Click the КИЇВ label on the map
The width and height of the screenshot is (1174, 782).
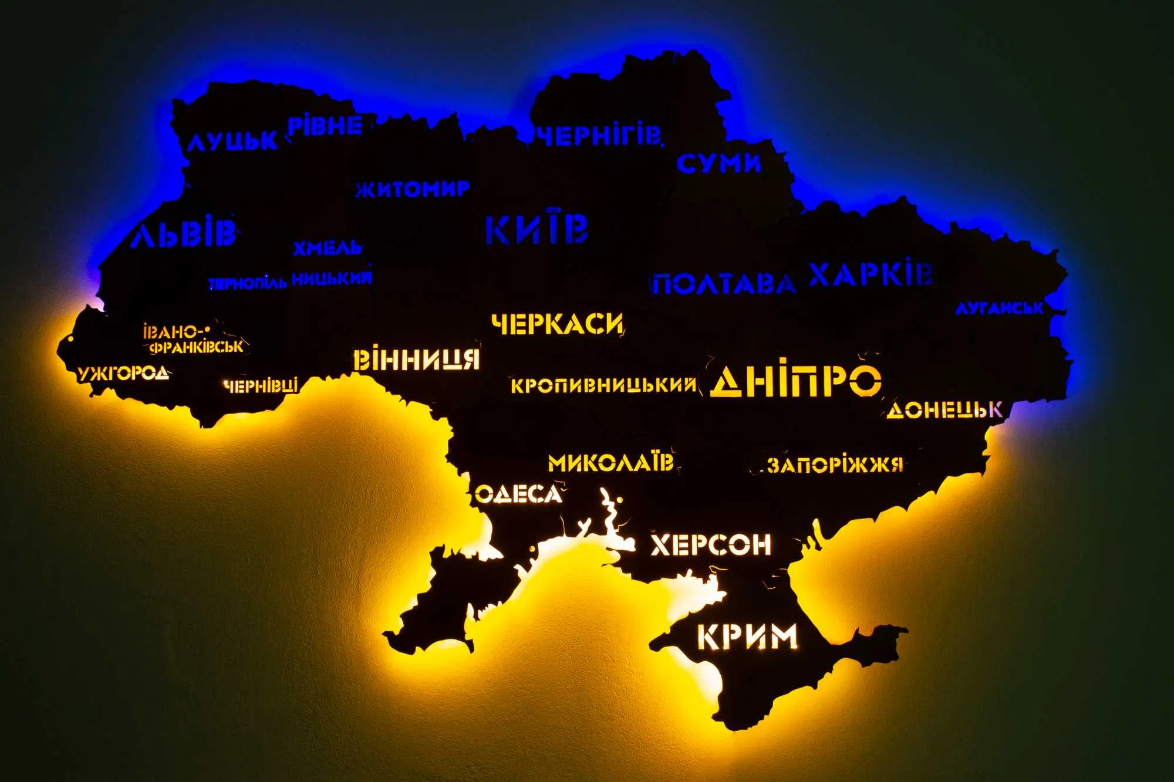(x=537, y=229)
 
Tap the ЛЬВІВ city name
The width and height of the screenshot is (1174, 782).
(x=183, y=233)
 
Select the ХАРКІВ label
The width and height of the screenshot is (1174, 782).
(x=870, y=274)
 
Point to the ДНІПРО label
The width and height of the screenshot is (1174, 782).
(x=795, y=381)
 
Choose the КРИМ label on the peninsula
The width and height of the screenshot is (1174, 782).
(x=747, y=637)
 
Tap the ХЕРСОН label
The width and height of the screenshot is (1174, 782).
(x=711, y=545)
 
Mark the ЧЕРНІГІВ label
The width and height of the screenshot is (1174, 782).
(x=599, y=136)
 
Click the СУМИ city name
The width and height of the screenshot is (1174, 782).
(x=718, y=163)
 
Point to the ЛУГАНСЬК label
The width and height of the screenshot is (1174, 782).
(x=998, y=308)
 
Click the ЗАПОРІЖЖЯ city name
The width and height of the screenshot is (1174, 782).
(x=834, y=465)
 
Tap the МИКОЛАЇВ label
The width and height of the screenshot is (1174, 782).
(x=610, y=462)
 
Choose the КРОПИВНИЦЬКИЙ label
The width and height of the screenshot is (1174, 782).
(x=603, y=385)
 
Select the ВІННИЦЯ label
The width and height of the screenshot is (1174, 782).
(x=416, y=360)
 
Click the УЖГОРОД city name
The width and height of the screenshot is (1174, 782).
(x=123, y=373)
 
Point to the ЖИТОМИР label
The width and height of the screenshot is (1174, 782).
(x=412, y=189)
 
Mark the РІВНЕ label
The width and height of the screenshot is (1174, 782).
(x=325, y=126)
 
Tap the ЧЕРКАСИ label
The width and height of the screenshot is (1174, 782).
(x=557, y=324)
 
